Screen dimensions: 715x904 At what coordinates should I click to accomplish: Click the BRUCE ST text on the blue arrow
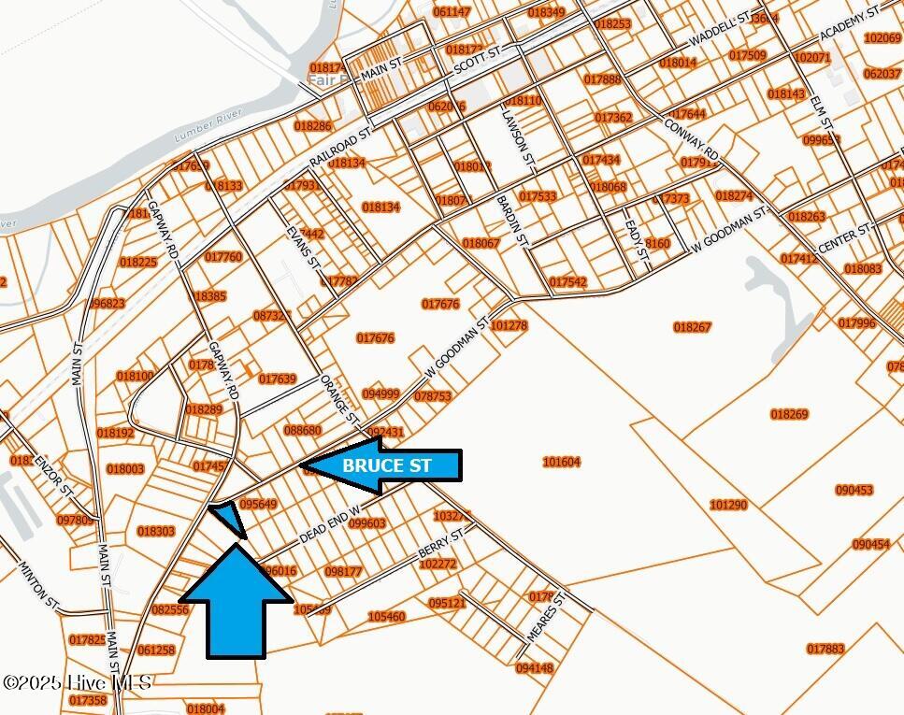(x=387, y=465)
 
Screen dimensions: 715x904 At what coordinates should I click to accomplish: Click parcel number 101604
(x=561, y=462)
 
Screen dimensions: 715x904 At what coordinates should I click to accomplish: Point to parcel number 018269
(x=789, y=414)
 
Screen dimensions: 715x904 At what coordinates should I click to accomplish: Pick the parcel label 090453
(x=854, y=490)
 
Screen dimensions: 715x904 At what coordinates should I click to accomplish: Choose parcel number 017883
(x=825, y=649)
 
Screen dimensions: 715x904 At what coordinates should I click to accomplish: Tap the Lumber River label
(x=208, y=127)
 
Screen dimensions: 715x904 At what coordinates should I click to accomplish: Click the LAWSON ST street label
(x=517, y=138)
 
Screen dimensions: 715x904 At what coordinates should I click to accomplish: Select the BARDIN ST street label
(x=511, y=221)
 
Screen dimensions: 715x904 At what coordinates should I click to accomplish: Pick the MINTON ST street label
(x=34, y=581)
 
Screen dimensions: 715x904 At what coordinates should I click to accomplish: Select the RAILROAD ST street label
(x=339, y=149)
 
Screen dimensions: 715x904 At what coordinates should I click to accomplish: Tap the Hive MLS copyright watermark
(x=77, y=683)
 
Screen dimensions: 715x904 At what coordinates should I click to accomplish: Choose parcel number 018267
(x=692, y=327)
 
